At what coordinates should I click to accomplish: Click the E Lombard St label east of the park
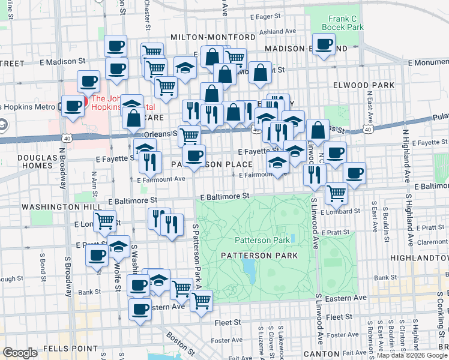[x=340, y=211]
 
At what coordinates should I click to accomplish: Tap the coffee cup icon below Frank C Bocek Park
[x=324, y=44]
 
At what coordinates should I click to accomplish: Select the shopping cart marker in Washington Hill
[x=105, y=221]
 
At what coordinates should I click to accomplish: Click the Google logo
[x=20, y=353]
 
